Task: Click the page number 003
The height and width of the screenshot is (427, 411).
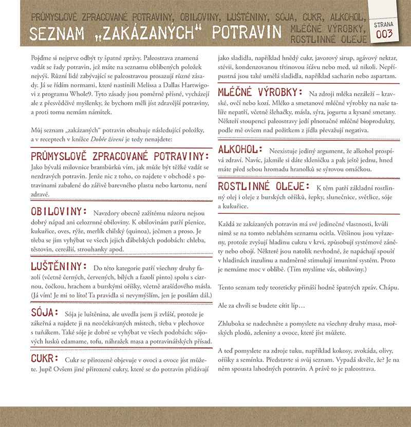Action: click(384, 34)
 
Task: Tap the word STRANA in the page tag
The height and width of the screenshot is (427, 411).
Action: click(384, 24)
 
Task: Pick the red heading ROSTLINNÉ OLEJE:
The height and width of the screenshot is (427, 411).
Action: click(264, 186)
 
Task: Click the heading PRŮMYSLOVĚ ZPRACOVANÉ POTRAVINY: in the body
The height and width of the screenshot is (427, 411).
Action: click(120, 156)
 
